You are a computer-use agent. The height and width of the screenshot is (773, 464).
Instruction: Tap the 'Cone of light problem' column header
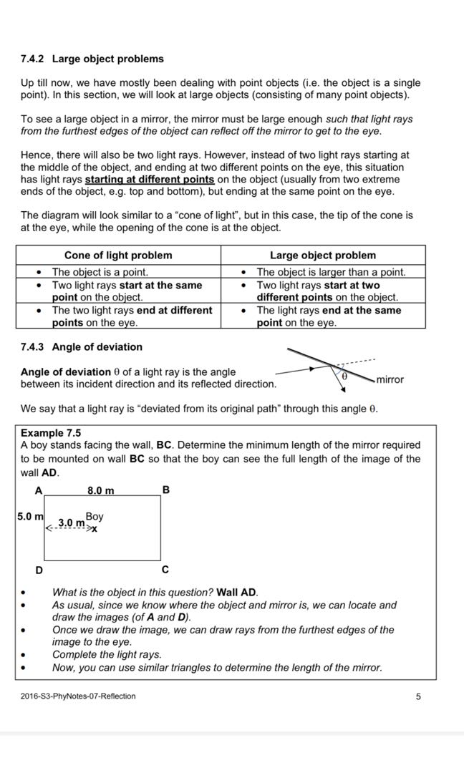tap(118, 256)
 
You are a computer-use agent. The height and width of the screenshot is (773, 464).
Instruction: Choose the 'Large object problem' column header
tap(322, 256)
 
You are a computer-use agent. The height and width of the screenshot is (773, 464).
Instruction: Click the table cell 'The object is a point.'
tap(100, 272)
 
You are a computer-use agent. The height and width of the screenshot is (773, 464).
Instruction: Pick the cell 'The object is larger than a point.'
tap(331, 272)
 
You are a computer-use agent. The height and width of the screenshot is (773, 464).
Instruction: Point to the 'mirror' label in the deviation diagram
tap(390, 379)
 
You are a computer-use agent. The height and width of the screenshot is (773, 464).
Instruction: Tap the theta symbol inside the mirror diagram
tap(343, 375)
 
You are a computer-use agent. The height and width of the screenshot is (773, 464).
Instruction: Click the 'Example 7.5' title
tap(51, 433)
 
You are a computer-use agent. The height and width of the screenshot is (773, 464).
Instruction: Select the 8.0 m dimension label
tap(100, 490)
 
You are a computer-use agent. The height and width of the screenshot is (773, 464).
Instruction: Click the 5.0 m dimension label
tap(29, 516)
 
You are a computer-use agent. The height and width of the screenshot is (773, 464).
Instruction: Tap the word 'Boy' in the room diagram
tap(94, 516)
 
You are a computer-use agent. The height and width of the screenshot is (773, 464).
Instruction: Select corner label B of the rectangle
tap(166, 490)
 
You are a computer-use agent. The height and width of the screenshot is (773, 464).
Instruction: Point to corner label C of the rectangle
tap(165, 570)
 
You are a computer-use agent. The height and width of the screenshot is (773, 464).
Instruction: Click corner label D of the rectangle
tap(39, 570)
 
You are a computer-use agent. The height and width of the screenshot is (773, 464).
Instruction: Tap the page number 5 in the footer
tap(418, 696)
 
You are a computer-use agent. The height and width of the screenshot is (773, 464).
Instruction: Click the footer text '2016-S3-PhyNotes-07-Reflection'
tap(78, 696)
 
